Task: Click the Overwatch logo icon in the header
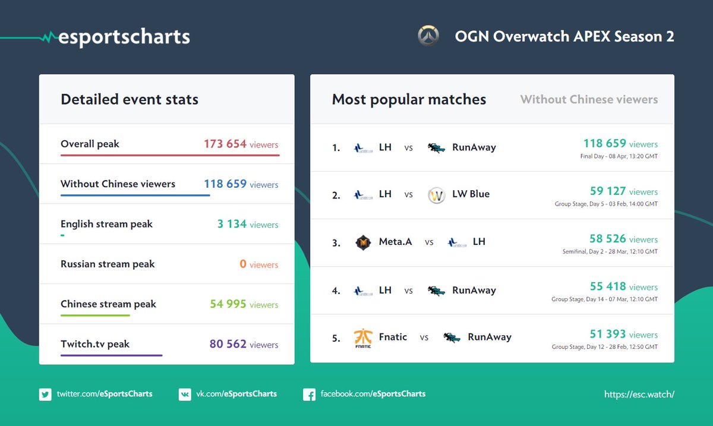[x=428, y=36]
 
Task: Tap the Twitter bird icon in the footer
[x=45, y=395]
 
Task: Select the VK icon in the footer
[x=185, y=395]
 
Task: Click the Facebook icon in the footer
[x=309, y=395]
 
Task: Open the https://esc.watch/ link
[x=639, y=395]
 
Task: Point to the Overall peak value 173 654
[x=225, y=144]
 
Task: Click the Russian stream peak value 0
[x=243, y=264]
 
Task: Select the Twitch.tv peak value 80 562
[x=228, y=344]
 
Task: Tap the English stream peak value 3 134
[x=232, y=224]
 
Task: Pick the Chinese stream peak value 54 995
[x=228, y=304]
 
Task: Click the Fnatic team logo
[x=363, y=338]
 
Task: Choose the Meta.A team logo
[x=363, y=242]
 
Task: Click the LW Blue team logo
[x=436, y=195]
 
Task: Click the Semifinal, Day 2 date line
[x=610, y=251]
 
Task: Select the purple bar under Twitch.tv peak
[x=112, y=355]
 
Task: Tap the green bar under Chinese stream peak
[x=95, y=315]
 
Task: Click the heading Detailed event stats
[x=130, y=99]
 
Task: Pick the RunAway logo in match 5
[x=452, y=337]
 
